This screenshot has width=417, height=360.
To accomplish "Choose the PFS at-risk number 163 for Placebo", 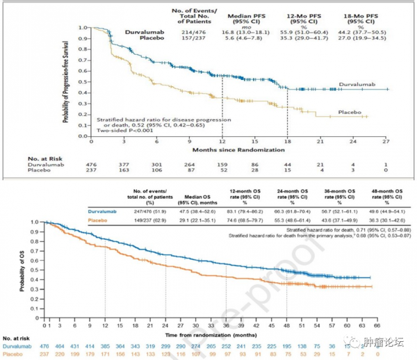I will pos(125,170).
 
